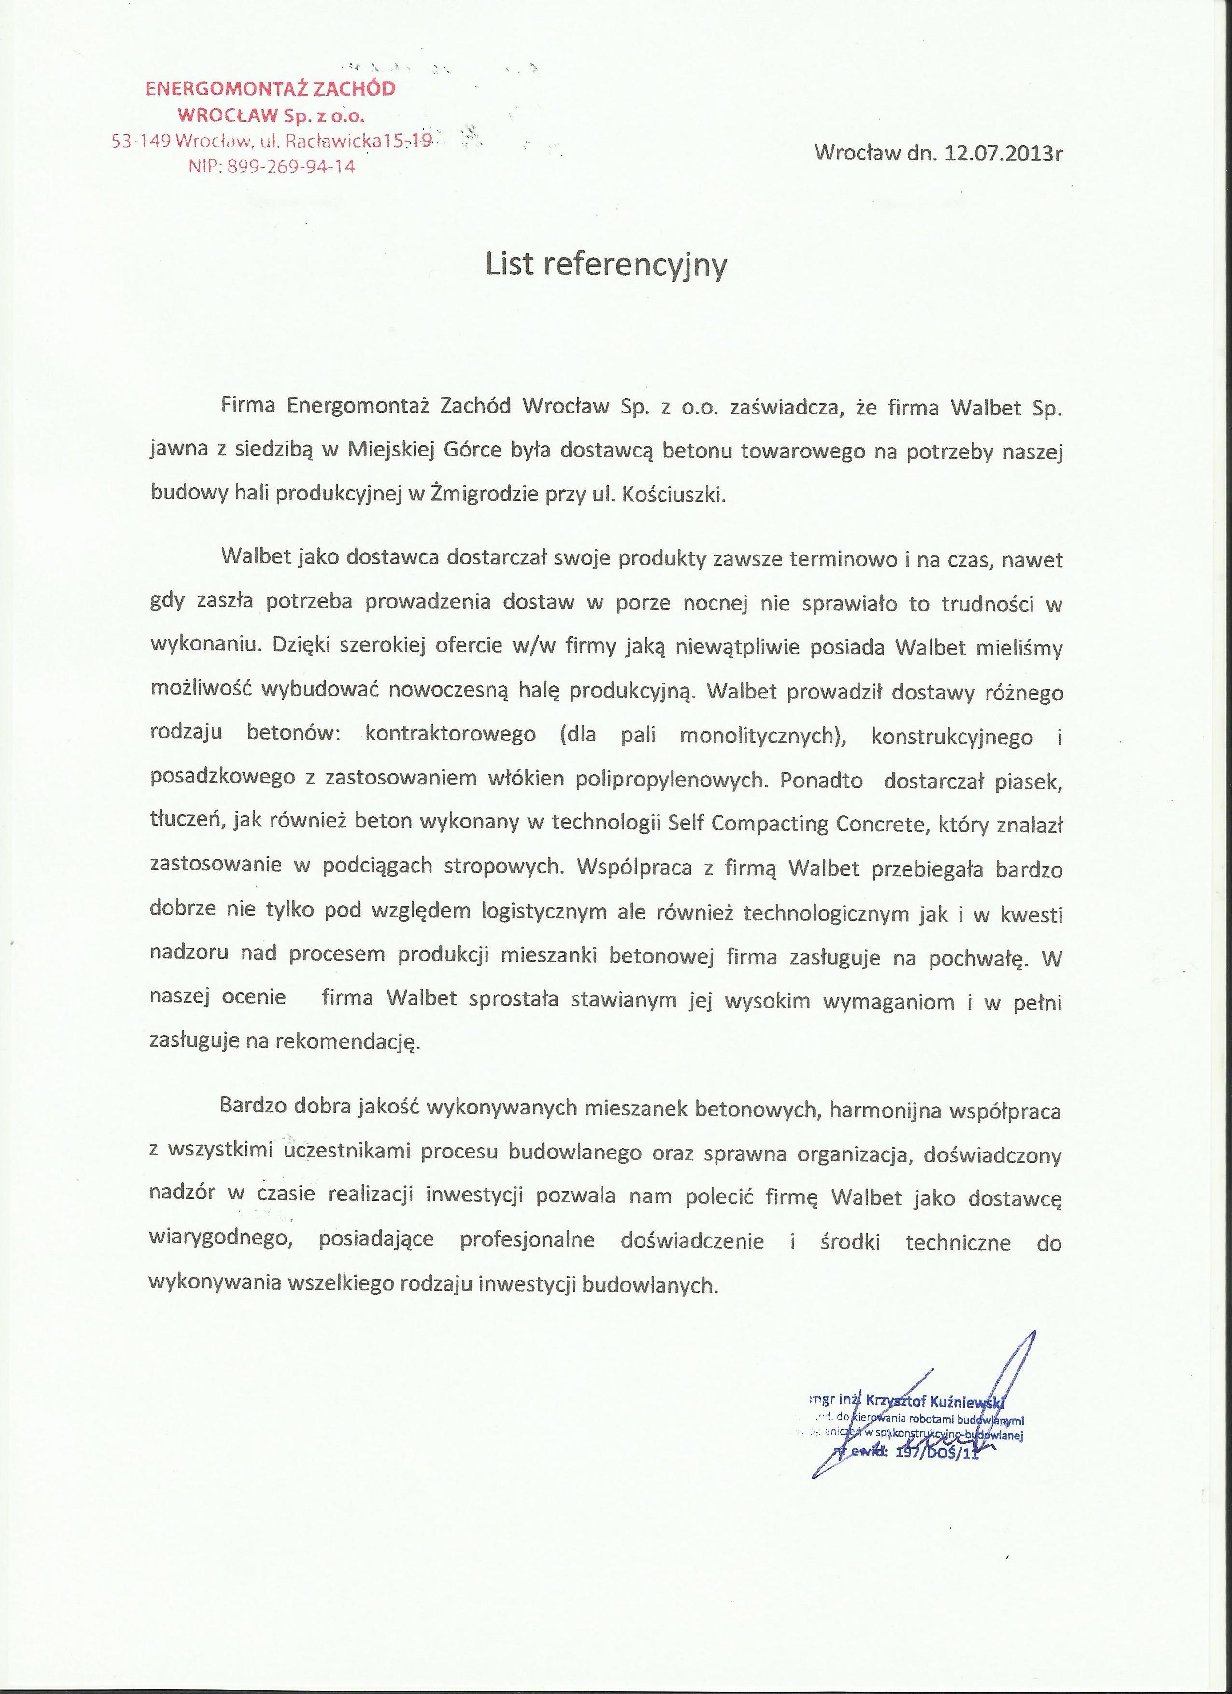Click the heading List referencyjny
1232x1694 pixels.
point(606,265)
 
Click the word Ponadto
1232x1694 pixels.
point(821,779)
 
